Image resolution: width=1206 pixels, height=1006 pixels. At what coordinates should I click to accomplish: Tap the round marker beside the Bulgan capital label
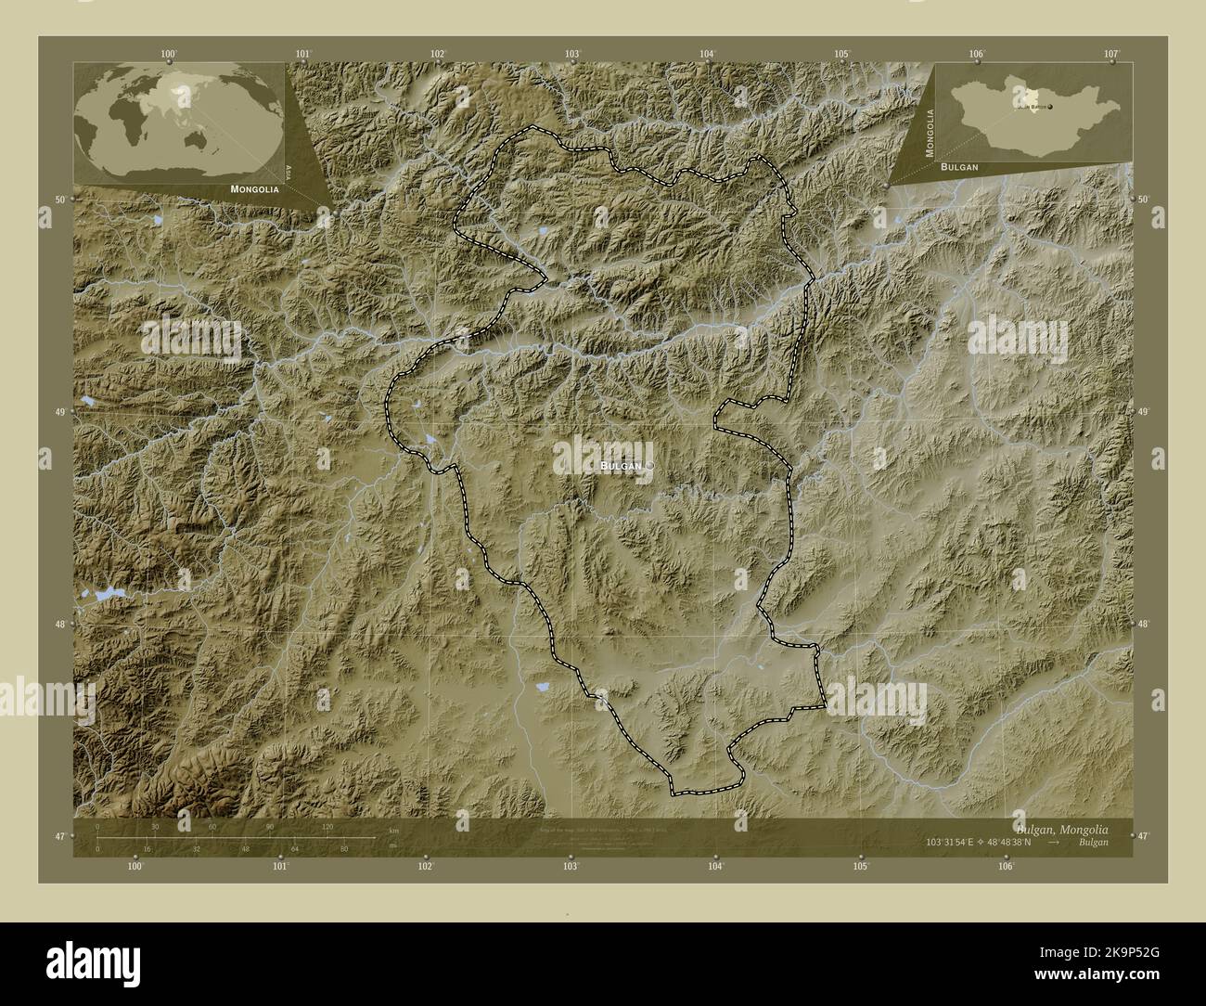(649, 466)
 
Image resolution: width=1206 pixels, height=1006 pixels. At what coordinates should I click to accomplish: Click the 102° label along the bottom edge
(426, 866)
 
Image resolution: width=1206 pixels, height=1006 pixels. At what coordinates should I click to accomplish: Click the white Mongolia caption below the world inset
(250, 189)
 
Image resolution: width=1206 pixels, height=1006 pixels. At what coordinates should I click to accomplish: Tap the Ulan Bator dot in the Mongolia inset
(1051, 107)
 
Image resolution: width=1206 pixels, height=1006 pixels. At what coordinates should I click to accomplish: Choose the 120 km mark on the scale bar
(327, 826)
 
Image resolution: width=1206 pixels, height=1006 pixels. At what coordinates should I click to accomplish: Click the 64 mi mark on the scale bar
(294, 848)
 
